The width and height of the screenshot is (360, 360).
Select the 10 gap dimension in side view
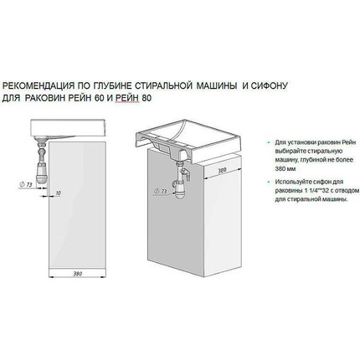pos(56,193)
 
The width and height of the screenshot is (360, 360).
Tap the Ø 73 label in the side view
pos(26,181)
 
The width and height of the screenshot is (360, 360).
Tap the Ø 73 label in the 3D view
pos(162,191)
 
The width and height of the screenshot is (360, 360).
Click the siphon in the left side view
pos(39,155)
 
